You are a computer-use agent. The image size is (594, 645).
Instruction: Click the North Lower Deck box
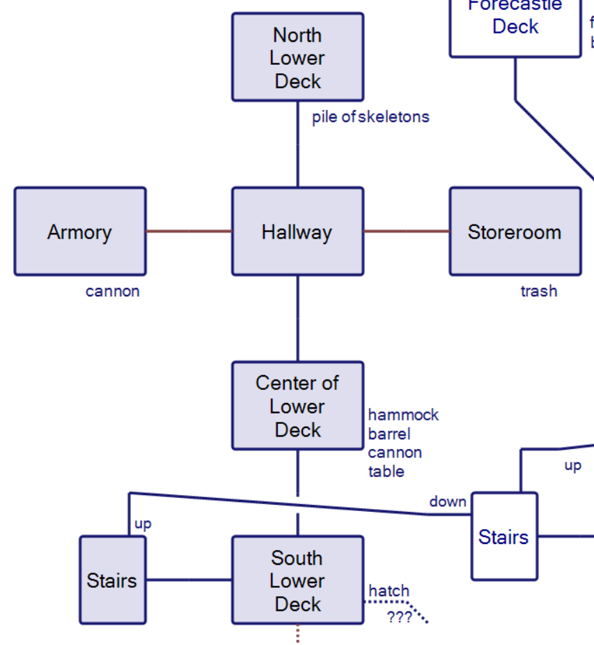coord(297,57)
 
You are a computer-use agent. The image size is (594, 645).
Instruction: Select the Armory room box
coord(80,232)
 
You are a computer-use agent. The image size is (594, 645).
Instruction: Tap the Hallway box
coord(297,232)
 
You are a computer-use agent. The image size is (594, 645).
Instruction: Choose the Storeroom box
coord(515,232)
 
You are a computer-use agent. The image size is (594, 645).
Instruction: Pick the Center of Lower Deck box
coord(297,406)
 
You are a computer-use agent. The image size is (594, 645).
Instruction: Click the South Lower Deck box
coord(297,580)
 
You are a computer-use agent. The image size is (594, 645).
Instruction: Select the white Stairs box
coord(504,537)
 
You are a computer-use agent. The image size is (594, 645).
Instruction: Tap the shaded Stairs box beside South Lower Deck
coord(112,580)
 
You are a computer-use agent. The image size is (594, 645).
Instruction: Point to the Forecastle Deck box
coord(515,26)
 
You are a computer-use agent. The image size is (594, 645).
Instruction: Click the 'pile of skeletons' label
coord(370,117)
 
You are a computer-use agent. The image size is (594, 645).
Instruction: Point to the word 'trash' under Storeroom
coord(539,291)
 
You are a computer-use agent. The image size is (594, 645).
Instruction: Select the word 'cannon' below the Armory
coord(112,291)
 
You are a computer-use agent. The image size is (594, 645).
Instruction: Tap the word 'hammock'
coord(403,415)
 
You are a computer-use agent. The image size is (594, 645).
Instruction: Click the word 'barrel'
coord(389,434)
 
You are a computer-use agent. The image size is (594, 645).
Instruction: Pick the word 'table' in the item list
coord(386,471)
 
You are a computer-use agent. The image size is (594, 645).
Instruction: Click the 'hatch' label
coord(389,591)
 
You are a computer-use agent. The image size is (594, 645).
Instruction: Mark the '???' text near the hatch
coord(399,617)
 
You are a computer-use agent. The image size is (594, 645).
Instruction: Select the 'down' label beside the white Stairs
coord(447,501)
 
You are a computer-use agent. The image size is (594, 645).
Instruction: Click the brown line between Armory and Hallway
coord(189,232)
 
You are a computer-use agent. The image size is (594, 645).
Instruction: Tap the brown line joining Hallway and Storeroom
coord(406,232)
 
